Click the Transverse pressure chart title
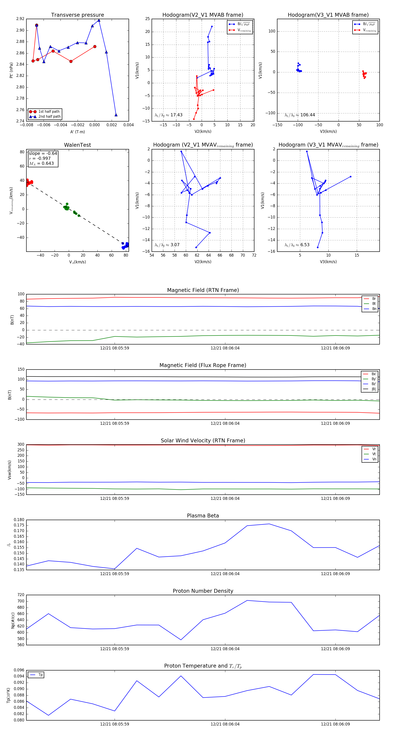coord(77,15)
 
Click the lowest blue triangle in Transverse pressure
coord(116,115)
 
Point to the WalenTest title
coord(77,145)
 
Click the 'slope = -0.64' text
coord(43,153)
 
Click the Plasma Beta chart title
coord(203,516)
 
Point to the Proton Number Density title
coord(203,591)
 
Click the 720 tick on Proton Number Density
coord(21,595)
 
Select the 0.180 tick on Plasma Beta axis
coord(19,520)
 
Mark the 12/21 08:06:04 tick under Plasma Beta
coord(225,574)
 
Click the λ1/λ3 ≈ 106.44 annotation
coord(300,115)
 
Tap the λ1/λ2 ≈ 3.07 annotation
coord(167,245)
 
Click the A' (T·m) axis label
coord(77,132)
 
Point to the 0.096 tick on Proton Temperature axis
coord(19,670)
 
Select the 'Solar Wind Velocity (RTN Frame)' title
coord(203,441)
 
